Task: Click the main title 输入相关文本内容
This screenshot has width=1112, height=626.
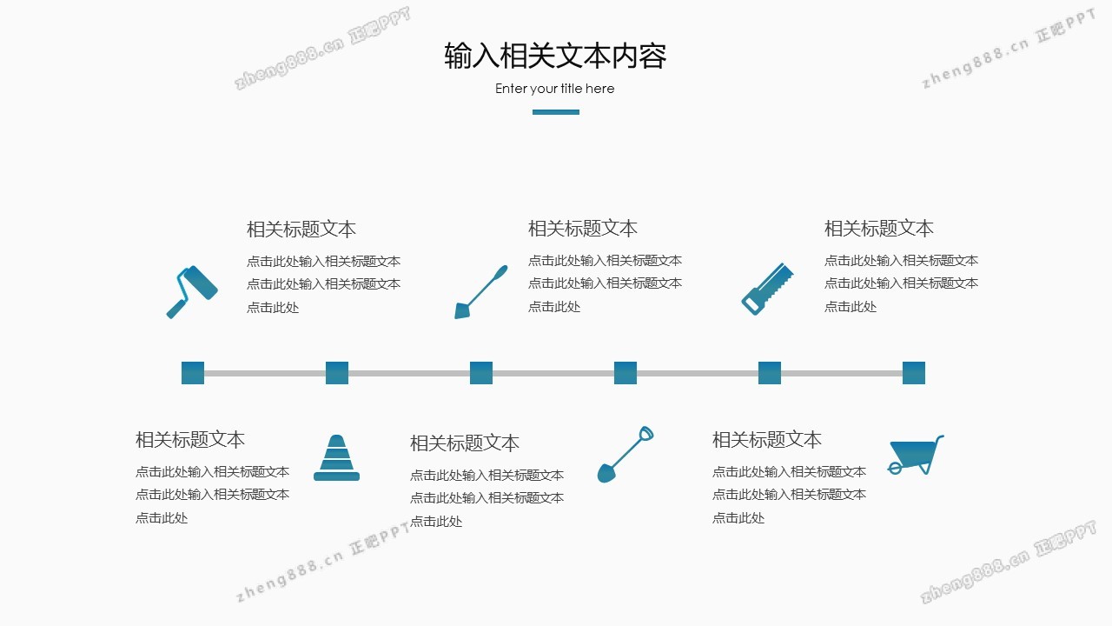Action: coord(555,56)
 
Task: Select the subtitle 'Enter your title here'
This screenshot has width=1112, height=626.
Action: coord(554,89)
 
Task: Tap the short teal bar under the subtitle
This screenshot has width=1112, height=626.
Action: coord(555,111)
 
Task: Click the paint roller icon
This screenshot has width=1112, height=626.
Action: coord(192,290)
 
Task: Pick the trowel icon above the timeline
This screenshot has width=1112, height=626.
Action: coord(480,291)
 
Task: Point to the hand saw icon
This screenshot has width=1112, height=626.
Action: coord(767,288)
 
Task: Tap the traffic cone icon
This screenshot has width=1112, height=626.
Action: coord(336,458)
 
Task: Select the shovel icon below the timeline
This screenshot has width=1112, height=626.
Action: coord(625,454)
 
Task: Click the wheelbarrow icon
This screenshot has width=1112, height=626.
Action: coord(915,455)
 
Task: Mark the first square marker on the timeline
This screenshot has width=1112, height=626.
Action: coord(193,373)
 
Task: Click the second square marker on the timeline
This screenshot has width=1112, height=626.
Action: coord(337,373)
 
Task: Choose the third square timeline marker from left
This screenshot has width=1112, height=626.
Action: coord(481,373)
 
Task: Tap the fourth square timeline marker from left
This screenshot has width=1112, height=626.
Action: coord(625,373)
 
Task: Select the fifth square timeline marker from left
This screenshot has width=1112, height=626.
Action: coord(770,373)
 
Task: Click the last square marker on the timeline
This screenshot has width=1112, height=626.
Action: coord(914,373)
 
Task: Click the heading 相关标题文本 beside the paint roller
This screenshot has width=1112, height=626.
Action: coord(301,230)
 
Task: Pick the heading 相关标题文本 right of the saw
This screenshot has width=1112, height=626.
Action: coord(878,229)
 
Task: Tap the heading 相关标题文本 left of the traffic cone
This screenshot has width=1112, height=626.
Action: coord(189,440)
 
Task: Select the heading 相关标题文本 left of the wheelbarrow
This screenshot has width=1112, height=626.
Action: coord(766,440)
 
